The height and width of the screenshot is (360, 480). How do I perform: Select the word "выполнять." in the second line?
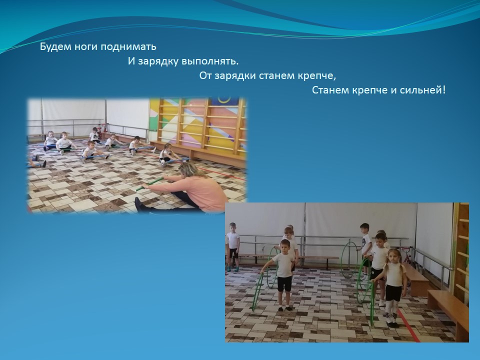click(x=210, y=61)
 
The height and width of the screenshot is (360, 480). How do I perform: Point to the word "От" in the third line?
click(x=205, y=75)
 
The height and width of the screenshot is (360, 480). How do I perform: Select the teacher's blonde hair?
click(x=192, y=169)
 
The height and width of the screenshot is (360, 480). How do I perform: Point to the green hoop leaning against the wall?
click(x=349, y=259)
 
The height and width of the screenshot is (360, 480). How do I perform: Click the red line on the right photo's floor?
click(x=408, y=325)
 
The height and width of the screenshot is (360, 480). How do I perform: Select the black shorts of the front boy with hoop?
click(x=284, y=284)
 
